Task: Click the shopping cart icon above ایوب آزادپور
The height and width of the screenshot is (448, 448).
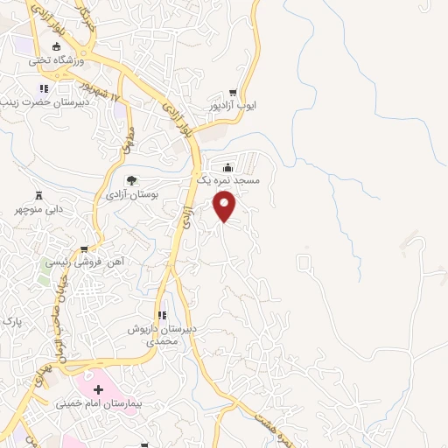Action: pos(233,92)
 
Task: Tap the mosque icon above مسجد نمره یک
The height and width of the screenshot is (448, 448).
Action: pos(228,167)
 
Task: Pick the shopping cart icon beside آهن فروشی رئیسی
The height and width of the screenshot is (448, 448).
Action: pos(84,248)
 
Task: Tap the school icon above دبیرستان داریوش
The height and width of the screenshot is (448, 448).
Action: pos(161,315)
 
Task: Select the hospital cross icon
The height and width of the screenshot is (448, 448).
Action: pos(98,388)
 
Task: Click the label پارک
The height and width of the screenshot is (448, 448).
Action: pos(11,322)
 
